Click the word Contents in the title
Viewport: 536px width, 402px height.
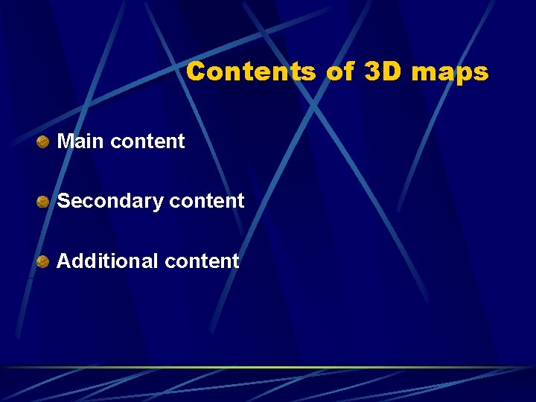point(251,71)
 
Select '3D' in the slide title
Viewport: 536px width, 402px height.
point(383,71)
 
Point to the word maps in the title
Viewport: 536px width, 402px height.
point(450,73)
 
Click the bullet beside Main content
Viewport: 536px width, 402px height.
point(44,141)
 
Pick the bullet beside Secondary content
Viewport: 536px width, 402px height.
point(44,201)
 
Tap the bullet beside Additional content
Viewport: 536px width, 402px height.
point(44,261)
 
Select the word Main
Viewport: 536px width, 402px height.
point(80,141)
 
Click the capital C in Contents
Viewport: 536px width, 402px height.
point(197,71)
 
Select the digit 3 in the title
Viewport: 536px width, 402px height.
point(373,71)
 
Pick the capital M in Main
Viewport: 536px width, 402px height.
point(65,141)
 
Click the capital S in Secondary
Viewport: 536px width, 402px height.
point(63,201)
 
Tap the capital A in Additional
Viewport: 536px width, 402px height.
point(64,261)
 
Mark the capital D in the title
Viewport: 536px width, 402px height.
point(393,71)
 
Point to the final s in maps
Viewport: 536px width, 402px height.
point(482,74)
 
